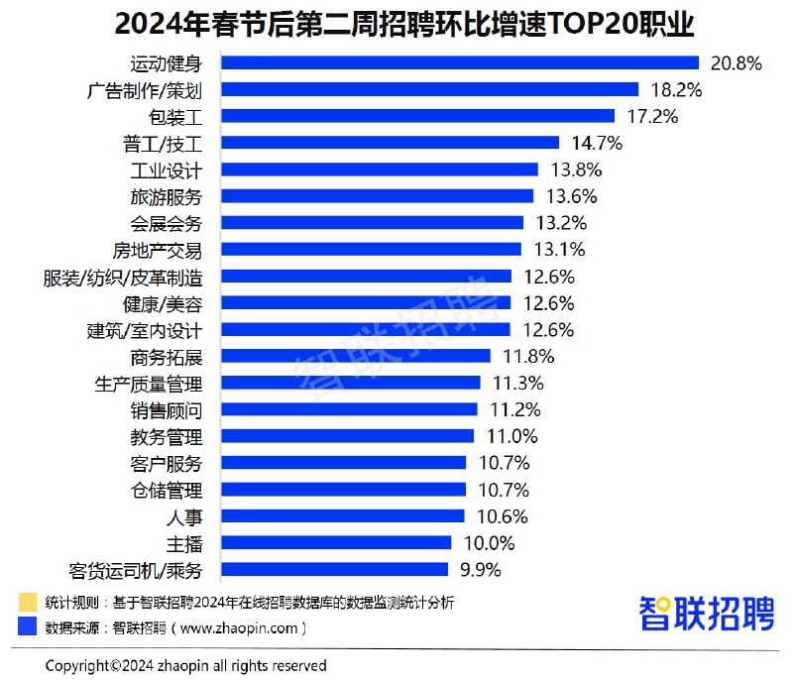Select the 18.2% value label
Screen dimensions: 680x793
tap(677, 90)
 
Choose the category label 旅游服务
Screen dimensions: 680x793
tap(166, 196)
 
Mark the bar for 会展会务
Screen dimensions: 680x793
tap(372, 223)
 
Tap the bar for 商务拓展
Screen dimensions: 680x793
tap(355, 356)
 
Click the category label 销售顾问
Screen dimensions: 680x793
tap(166, 409)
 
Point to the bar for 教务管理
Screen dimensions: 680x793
tap(347, 436)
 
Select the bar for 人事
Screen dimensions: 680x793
tap(342, 515)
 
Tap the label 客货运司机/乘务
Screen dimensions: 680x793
tap(136, 570)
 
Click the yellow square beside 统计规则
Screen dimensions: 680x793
tap(27, 603)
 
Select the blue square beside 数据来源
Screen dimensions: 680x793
tap(27, 627)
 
